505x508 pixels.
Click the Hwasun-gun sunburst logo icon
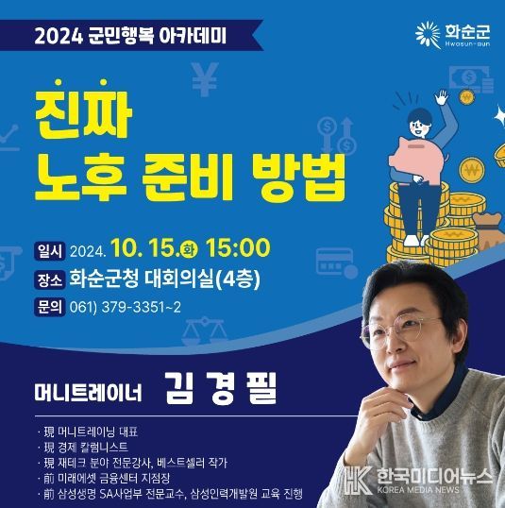tap(429, 35)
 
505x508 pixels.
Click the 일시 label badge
tap(50, 251)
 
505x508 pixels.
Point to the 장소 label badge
tap(50, 279)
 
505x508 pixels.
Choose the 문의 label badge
tap(50, 307)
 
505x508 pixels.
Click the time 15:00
tap(238, 247)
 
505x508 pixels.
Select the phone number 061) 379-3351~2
tap(126, 307)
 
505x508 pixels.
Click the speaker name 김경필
tap(222, 388)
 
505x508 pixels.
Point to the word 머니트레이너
tap(88, 393)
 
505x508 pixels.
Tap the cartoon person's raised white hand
tap(441, 97)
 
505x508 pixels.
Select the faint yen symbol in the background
tap(205, 79)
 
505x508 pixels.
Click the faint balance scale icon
tap(204, 330)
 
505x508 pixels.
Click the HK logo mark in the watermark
tap(358, 480)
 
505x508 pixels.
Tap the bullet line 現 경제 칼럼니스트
tap(86, 447)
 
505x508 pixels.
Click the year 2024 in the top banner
tap(59, 36)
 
